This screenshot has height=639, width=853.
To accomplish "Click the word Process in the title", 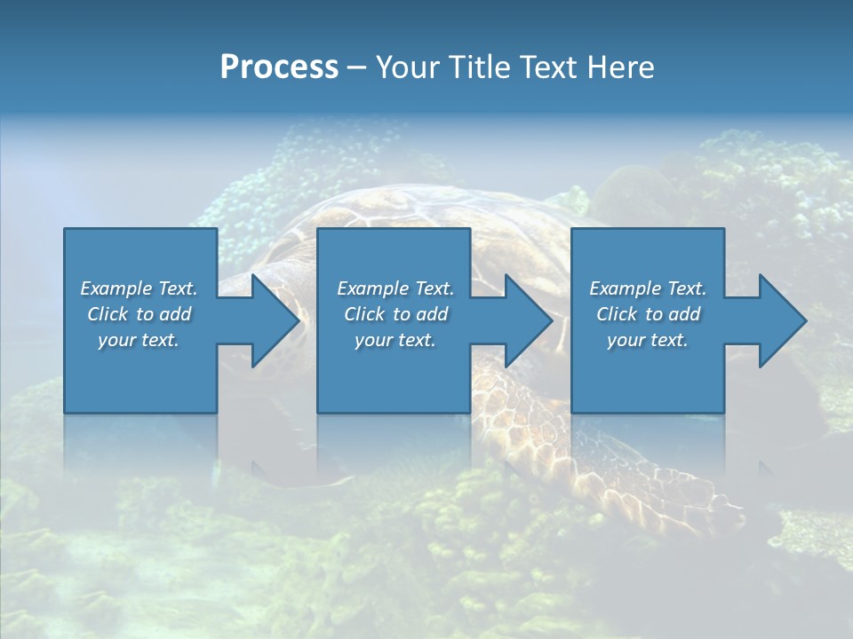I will point(279,67).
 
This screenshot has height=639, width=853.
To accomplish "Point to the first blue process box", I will point(140,373).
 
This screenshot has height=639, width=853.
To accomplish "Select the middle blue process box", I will point(394,373).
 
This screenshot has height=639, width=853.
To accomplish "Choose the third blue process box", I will point(648,373).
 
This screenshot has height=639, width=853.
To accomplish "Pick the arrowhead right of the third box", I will point(781,320).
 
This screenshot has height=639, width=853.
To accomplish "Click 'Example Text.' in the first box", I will point(139,288).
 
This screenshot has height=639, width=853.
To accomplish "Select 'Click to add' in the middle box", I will point(395,314).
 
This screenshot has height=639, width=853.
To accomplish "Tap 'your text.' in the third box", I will point(648,340).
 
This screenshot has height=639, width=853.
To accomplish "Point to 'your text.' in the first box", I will point(139,340).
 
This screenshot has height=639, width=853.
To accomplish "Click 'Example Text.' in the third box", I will point(648,288).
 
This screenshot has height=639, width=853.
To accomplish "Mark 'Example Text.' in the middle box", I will point(395,288).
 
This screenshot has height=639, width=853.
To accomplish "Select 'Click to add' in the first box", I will point(139,314).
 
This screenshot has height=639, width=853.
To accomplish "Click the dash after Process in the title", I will point(357,68).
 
